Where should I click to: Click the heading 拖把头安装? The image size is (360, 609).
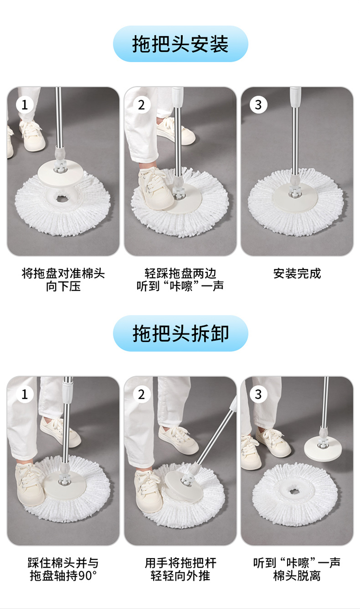tap(180, 44)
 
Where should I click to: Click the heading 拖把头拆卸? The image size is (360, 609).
tap(180, 334)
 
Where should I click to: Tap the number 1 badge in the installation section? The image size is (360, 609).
tap(24, 105)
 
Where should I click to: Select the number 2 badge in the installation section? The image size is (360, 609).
tap(141, 105)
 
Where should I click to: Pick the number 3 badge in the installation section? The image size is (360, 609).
tap(258, 105)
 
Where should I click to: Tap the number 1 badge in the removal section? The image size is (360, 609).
tap(24, 394)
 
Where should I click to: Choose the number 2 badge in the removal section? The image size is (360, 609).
tap(141, 394)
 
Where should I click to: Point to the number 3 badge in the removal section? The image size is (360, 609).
tap(258, 394)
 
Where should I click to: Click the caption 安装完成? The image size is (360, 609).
tap(297, 273)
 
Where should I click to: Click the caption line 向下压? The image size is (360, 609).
tap(63, 286)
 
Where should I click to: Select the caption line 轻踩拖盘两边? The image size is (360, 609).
tap(180, 273)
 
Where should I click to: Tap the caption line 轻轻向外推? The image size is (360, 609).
tap(180, 576)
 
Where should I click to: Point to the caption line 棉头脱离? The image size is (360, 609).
tap(297, 576)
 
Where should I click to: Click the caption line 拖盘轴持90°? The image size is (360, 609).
tap(63, 576)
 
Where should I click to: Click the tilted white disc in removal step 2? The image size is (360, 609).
tap(184, 486)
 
